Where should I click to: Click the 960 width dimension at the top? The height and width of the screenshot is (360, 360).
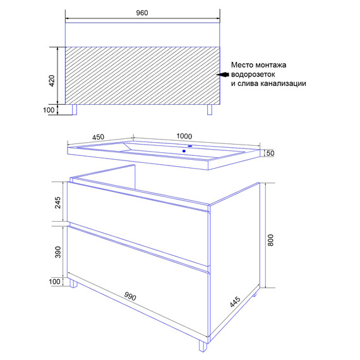click(x=142, y=13)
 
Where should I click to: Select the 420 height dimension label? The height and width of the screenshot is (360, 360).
click(x=52, y=81)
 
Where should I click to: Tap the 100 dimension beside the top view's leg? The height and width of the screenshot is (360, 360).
click(x=49, y=110)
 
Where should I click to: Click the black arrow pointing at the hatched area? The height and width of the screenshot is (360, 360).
click(x=222, y=75)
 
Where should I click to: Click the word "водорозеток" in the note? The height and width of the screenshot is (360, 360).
click(x=253, y=75)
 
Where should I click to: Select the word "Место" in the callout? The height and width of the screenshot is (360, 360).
click(x=241, y=65)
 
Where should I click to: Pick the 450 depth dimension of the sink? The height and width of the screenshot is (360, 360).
click(x=98, y=137)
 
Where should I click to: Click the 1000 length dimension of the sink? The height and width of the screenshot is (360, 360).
click(x=184, y=136)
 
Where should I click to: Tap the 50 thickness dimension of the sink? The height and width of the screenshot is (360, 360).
click(x=270, y=153)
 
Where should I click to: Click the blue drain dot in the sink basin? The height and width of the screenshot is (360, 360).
click(x=184, y=151)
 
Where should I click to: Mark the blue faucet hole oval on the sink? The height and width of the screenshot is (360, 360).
click(x=190, y=146)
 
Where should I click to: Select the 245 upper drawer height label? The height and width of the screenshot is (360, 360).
click(x=58, y=203)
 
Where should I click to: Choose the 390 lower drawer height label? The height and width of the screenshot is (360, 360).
click(x=58, y=252)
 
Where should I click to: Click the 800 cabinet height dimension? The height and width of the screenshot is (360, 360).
click(x=271, y=240)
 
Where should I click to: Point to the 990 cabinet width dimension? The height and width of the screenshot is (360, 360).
click(x=130, y=296)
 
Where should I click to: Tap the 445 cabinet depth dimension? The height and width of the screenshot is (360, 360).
click(x=235, y=302)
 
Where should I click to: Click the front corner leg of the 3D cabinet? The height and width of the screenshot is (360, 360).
click(x=203, y=345)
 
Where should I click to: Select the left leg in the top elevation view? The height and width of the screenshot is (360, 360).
click(x=75, y=109)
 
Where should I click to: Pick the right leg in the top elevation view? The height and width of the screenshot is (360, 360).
click(x=210, y=109)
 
